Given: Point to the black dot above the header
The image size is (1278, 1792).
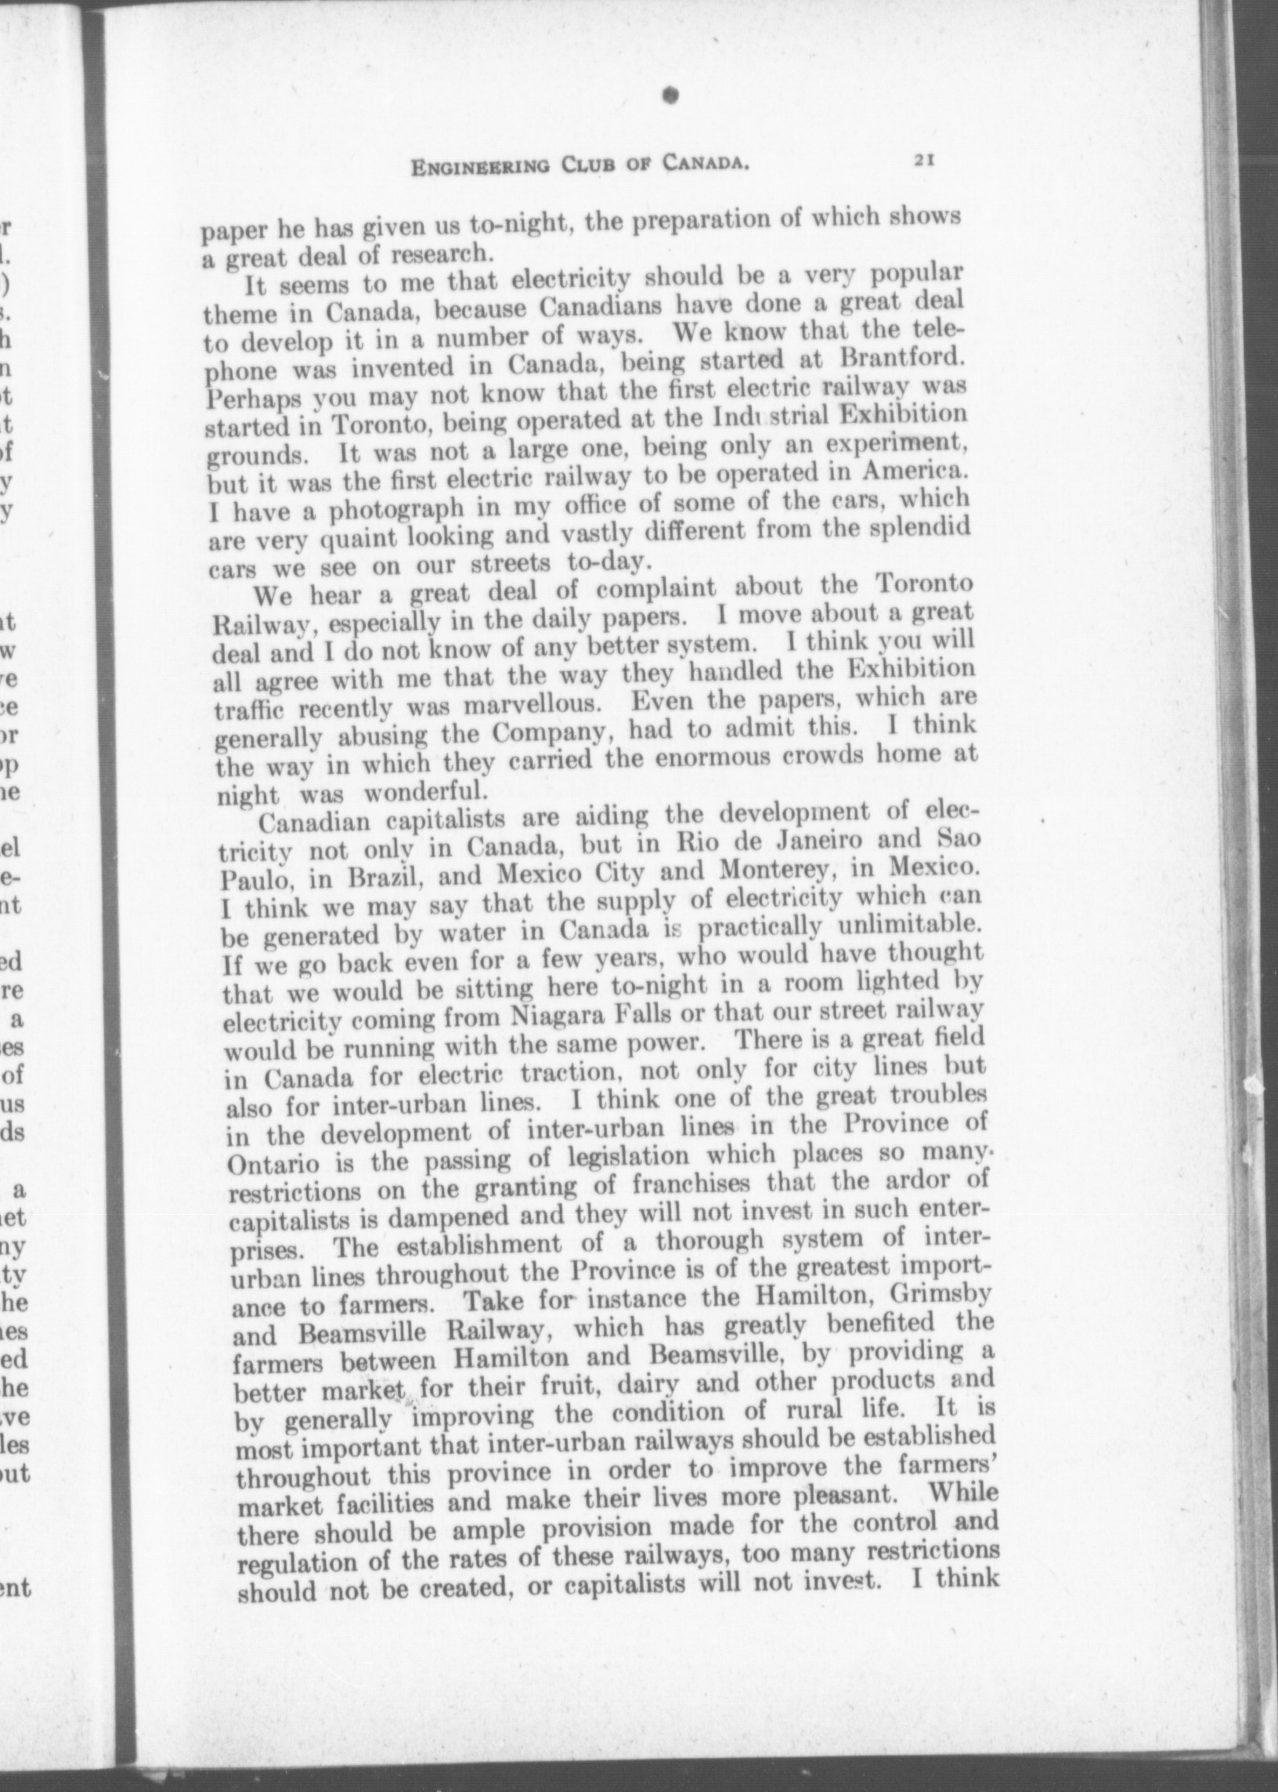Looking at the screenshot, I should (x=670, y=95).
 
